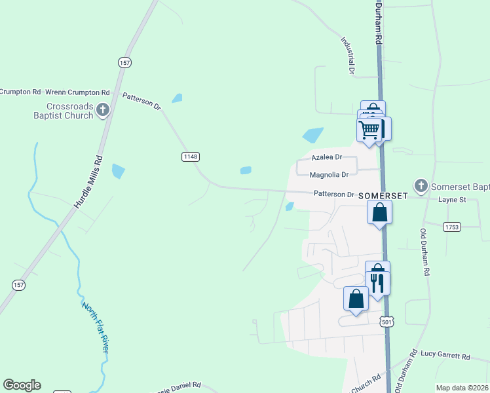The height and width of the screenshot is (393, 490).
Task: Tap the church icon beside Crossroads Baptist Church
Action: pyautogui.click(x=103, y=111)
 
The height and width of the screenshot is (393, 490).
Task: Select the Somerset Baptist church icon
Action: pyautogui.click(x=421, y=185)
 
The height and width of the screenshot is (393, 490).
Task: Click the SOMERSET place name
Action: pyautogui.click(x=383, y=195)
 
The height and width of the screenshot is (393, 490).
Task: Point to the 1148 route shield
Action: pyautogui.click(x=190, y=157)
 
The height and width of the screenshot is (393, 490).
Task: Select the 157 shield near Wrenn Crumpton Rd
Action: pyautogui.click(x=125, y=62)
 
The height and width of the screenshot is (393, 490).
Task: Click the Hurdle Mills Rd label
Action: pyautogui.click(x=88, y=181)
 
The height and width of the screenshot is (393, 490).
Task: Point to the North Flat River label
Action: pyautogui.click(x=96, y=327)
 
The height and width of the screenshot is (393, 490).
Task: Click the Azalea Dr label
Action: pyautogui.click(x=327, y=157)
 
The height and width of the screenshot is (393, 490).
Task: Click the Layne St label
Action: pyautogui.click(x=451, y=199)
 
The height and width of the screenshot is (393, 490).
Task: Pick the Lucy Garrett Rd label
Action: pyautogui.click(x=445, y=357)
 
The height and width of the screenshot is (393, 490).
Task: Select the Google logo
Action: pyautogui.click(x=22, y=385)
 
